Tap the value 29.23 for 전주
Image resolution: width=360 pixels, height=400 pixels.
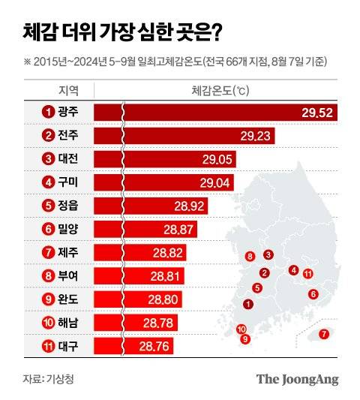pyautogui.click(x=256, y=136)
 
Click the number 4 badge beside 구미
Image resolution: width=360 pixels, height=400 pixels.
pyautogui.click(x=49, y=182)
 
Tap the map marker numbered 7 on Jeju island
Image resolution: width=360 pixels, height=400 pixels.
pyautogui.click(x=324, y=334)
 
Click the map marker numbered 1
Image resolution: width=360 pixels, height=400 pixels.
pyautogui.click(x=248, y=304)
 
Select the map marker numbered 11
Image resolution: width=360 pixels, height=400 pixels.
pyautogui.click(x=308, y=274)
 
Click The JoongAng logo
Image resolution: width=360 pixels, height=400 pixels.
pyautogui.click(x=298, y=379)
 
